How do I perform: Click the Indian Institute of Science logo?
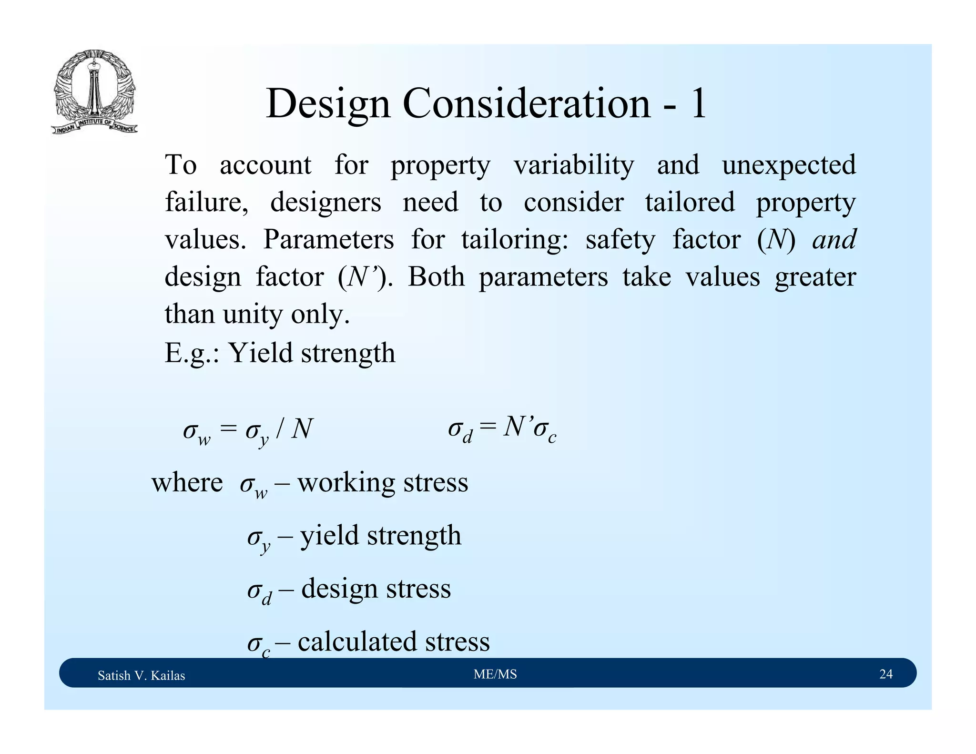[x=94, y=92]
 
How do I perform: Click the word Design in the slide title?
[x=328, y=103]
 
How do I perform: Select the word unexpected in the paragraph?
[x=788, y=165]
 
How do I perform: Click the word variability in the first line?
[x=574, y=165]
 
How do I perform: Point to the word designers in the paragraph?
[x=325, y=203]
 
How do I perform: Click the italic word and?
[x=834, y=239]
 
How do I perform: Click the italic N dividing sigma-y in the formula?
[x=302, y=428]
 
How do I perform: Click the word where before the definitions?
[x=187, y=482]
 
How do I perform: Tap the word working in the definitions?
[x=346, y=482]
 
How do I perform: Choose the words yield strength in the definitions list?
[x=381, y=535]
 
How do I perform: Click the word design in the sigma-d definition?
[x=339, y=588]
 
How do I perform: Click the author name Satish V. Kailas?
[x=141, y=675]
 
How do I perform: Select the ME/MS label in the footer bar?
[x=495, y=674]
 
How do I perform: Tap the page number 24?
[x=885, y=674]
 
